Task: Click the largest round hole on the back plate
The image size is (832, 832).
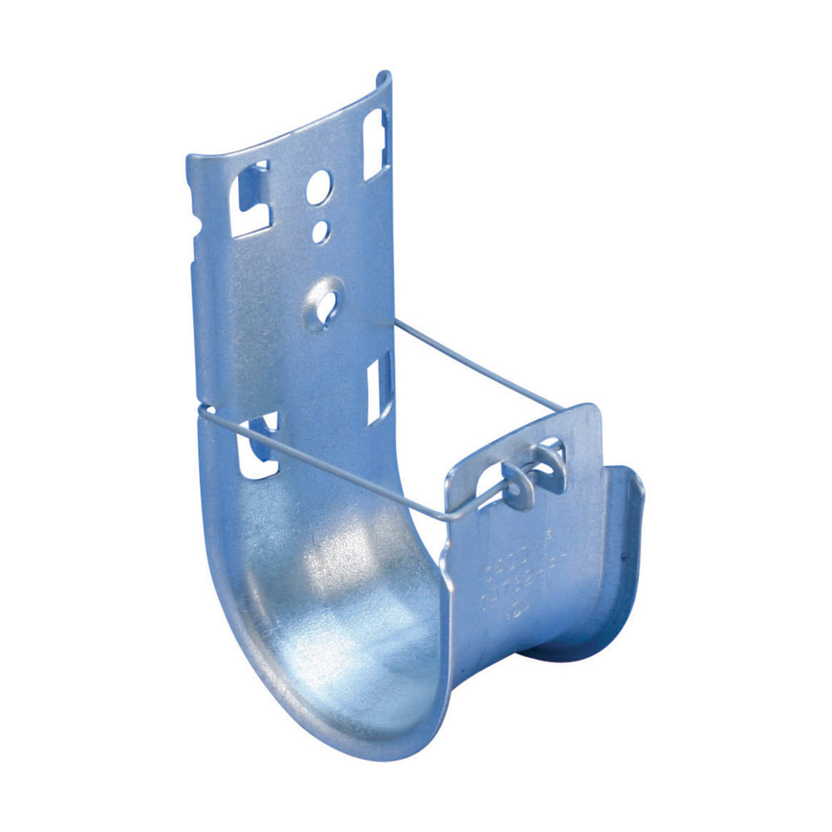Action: [x=319, y=187]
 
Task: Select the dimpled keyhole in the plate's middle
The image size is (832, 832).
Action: [x=326, y=296]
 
